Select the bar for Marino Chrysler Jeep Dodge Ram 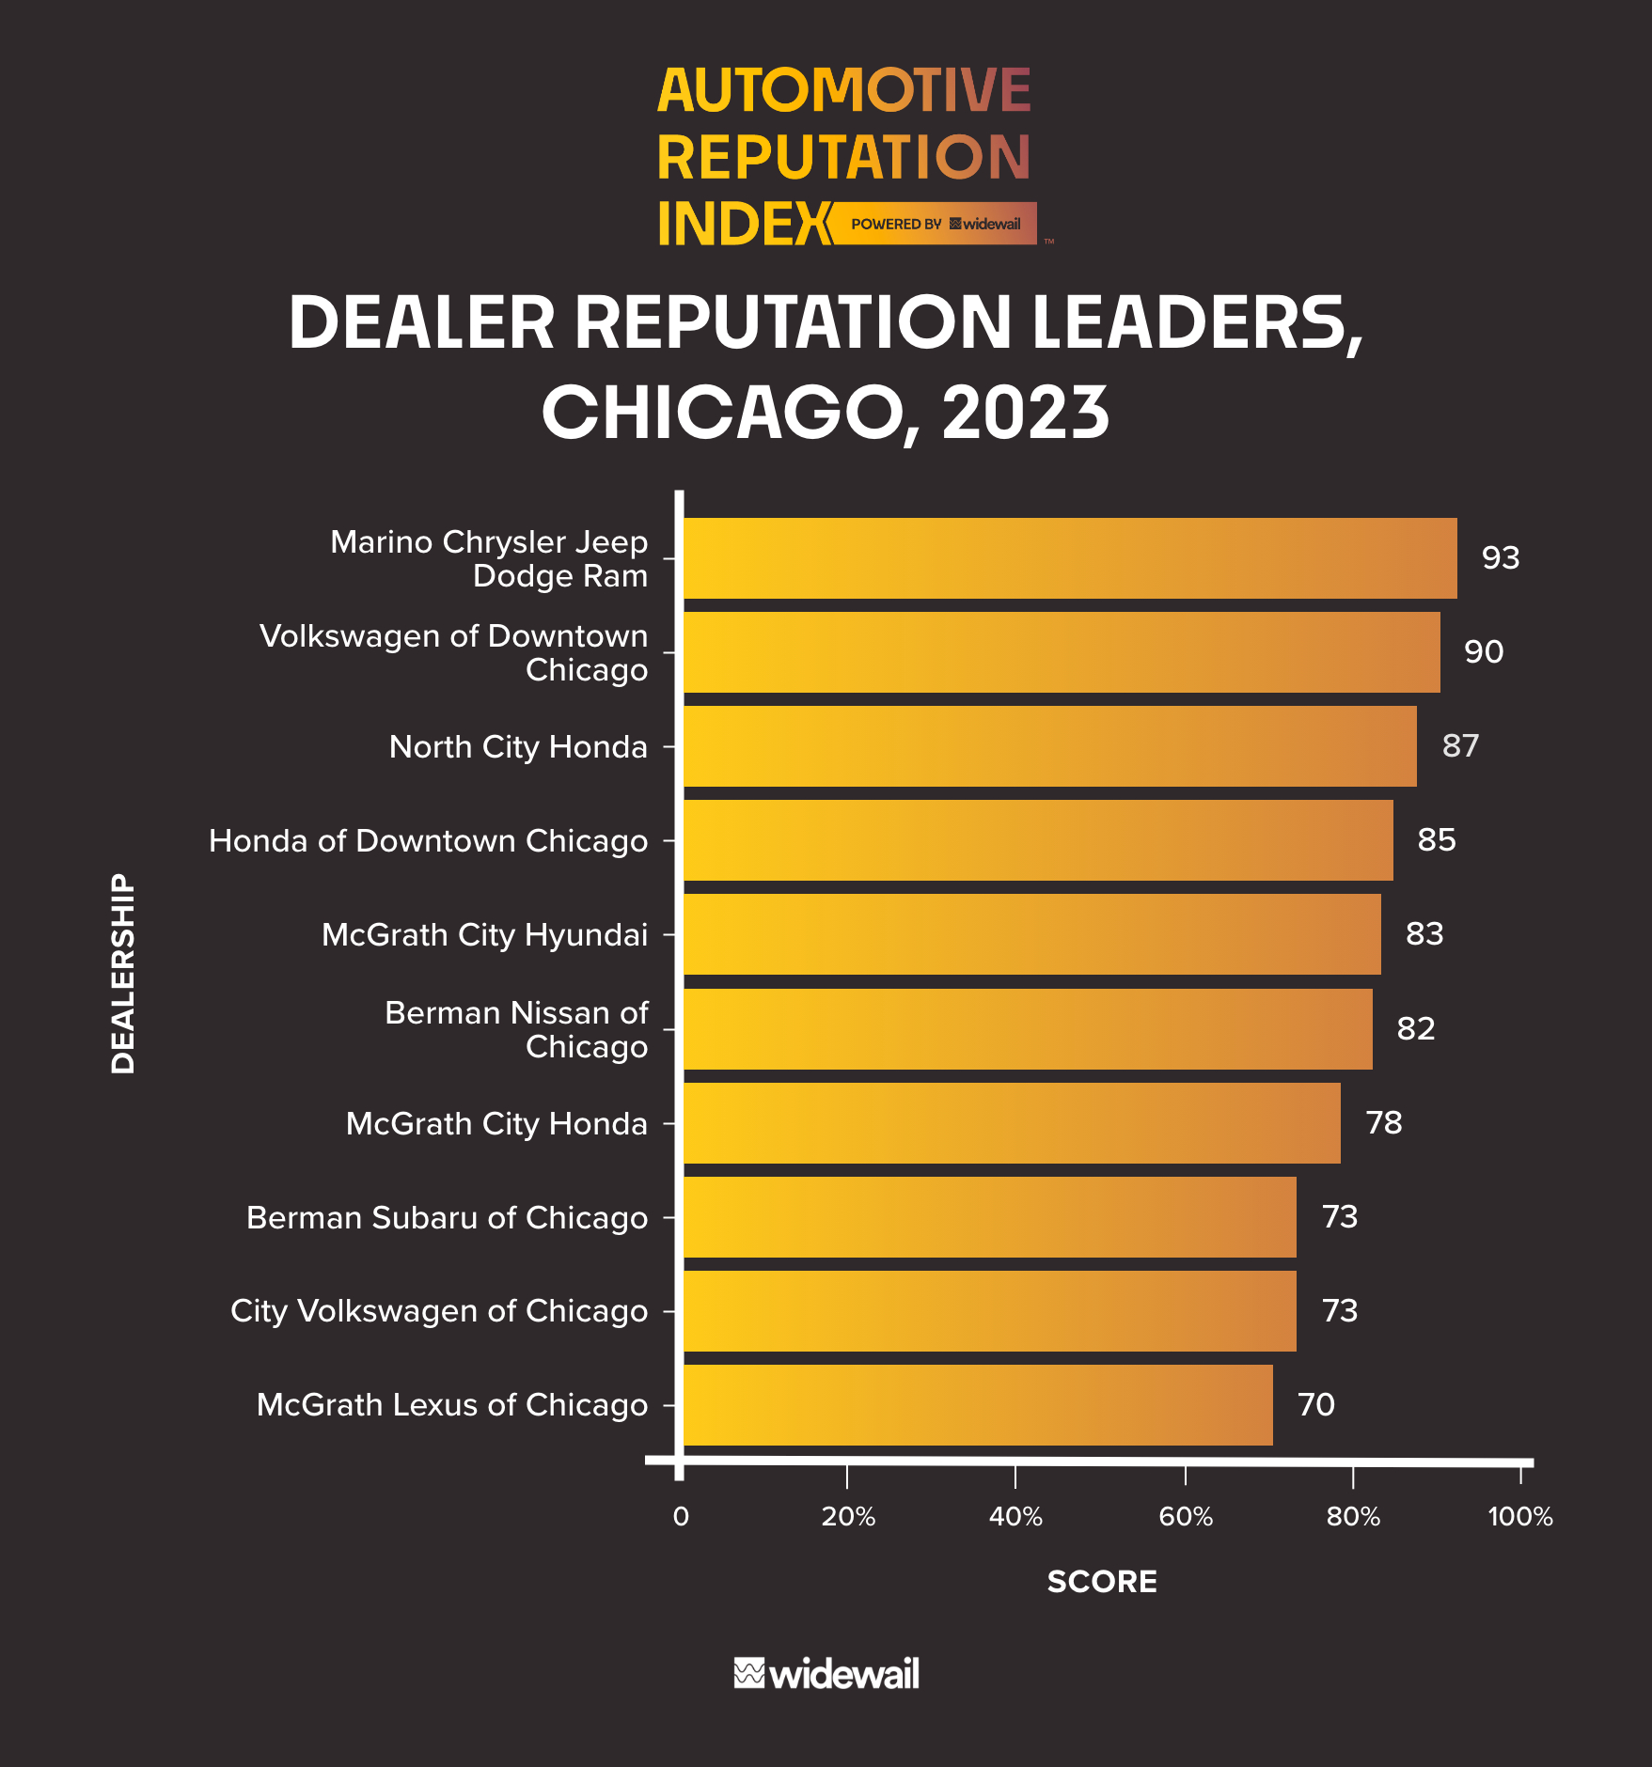pos(1069,558)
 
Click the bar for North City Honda pos(1049,746)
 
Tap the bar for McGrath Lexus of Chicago pos(978,1405)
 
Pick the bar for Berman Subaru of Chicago pos(989,1217)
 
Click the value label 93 pos(1500,558)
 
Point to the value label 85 pos(1436,840)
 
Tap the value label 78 pos(1383,1123)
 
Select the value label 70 pos(1315,1405)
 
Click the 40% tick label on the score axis pos(1015,1517)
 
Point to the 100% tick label pos(1519,1517)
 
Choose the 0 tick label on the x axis pos(681,1517)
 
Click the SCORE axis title pos(1102,1582)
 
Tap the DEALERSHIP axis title pos(123,974)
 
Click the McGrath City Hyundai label pos(484,935)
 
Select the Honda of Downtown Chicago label pos(428,841)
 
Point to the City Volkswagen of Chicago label pos(439,1311)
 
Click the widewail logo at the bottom pos(826,1674)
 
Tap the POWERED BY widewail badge pos(935,224)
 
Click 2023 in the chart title pos(1025,414)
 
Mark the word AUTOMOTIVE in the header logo pos(843,91)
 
